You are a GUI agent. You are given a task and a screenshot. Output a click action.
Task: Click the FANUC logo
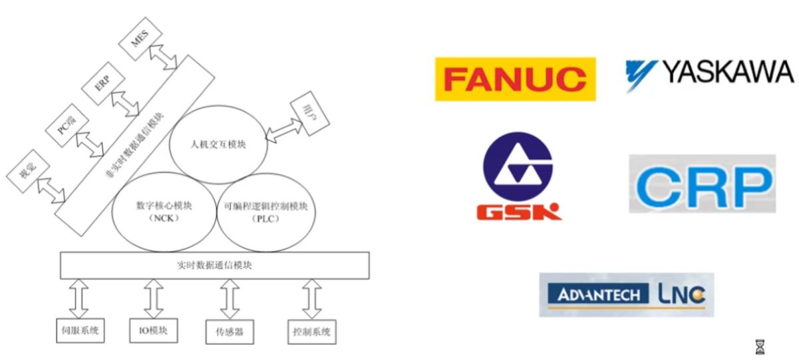point(515,79)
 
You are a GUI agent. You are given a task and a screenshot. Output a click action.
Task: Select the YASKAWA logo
point(709,73)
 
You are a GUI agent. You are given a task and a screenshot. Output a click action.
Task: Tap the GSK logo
point(518,176)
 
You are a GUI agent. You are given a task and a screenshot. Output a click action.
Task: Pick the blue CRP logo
point(702,184)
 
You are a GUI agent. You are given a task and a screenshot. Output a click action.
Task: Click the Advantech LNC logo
point(626,294)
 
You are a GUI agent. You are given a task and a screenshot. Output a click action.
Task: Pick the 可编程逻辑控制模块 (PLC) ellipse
point(266,212)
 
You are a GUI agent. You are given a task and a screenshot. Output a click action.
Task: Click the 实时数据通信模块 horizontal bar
point(214,266)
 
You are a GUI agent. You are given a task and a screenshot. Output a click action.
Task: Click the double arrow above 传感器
point(230,299)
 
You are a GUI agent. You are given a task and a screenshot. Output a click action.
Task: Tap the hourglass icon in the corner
point(760,347)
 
